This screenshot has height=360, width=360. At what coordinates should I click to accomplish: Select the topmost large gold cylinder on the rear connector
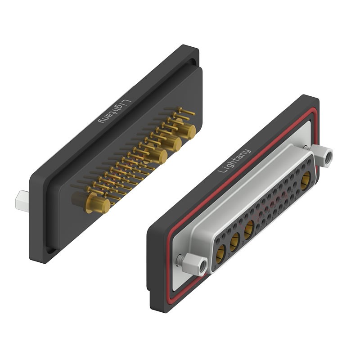pos(187,131)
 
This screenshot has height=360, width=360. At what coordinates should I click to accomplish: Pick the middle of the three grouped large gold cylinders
pos(173,144)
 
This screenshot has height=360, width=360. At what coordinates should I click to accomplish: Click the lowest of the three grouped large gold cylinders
pos(157,156)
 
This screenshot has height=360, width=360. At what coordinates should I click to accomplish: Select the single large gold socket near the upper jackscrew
pos(306,179)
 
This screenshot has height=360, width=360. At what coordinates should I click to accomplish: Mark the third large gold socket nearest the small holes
pos(248,230)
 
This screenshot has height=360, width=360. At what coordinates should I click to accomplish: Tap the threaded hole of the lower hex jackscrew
pos(202,266)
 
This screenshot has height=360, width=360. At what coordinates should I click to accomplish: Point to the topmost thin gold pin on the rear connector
pos(185,111)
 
